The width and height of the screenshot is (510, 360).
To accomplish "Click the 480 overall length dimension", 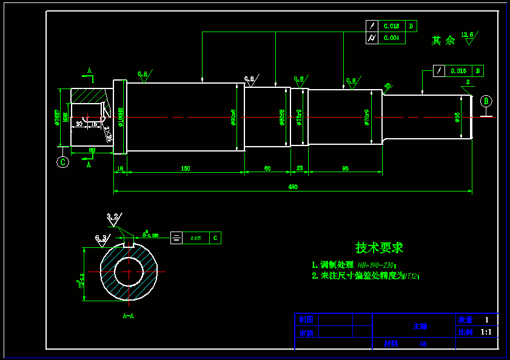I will pyautogui.click(x=292, y=187).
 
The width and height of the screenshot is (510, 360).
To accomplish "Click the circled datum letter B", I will pyautogui.click(x=486, y=101).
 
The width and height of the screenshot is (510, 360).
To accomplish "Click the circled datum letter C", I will pyautogui.click(x=62, y=162).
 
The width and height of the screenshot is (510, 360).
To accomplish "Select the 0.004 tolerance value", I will pyautogui.click(x=391, y=38).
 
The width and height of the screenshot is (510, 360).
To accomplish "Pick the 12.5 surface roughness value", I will pyautogui.click(x=467, y=35).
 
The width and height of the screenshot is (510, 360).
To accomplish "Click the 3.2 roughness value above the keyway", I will pyautogui.click(x=112, y=216).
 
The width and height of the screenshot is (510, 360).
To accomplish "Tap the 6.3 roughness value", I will pyautogui.click(x=101, y=238).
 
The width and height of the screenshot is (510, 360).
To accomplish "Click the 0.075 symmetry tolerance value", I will pyautogui.click(x=195, y=238).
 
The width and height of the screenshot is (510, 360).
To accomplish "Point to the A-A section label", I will pyautogui.click(x=128, y=316).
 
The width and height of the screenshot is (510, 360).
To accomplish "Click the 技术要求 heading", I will pyautogui.click(x=379, y=247).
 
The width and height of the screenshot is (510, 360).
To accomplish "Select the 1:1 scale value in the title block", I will pyautogui.click(x=486, y=332).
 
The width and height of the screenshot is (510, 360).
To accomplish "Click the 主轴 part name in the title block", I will pyautogui.click(x=420, y=326).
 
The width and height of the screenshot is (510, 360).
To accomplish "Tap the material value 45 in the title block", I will pyautogui.click(x=423, y=343).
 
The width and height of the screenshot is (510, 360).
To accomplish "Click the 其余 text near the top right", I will pyautogui.click(x=443, y=41).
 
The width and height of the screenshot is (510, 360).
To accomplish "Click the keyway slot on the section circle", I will pyautogui.click(x=128, y=245).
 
